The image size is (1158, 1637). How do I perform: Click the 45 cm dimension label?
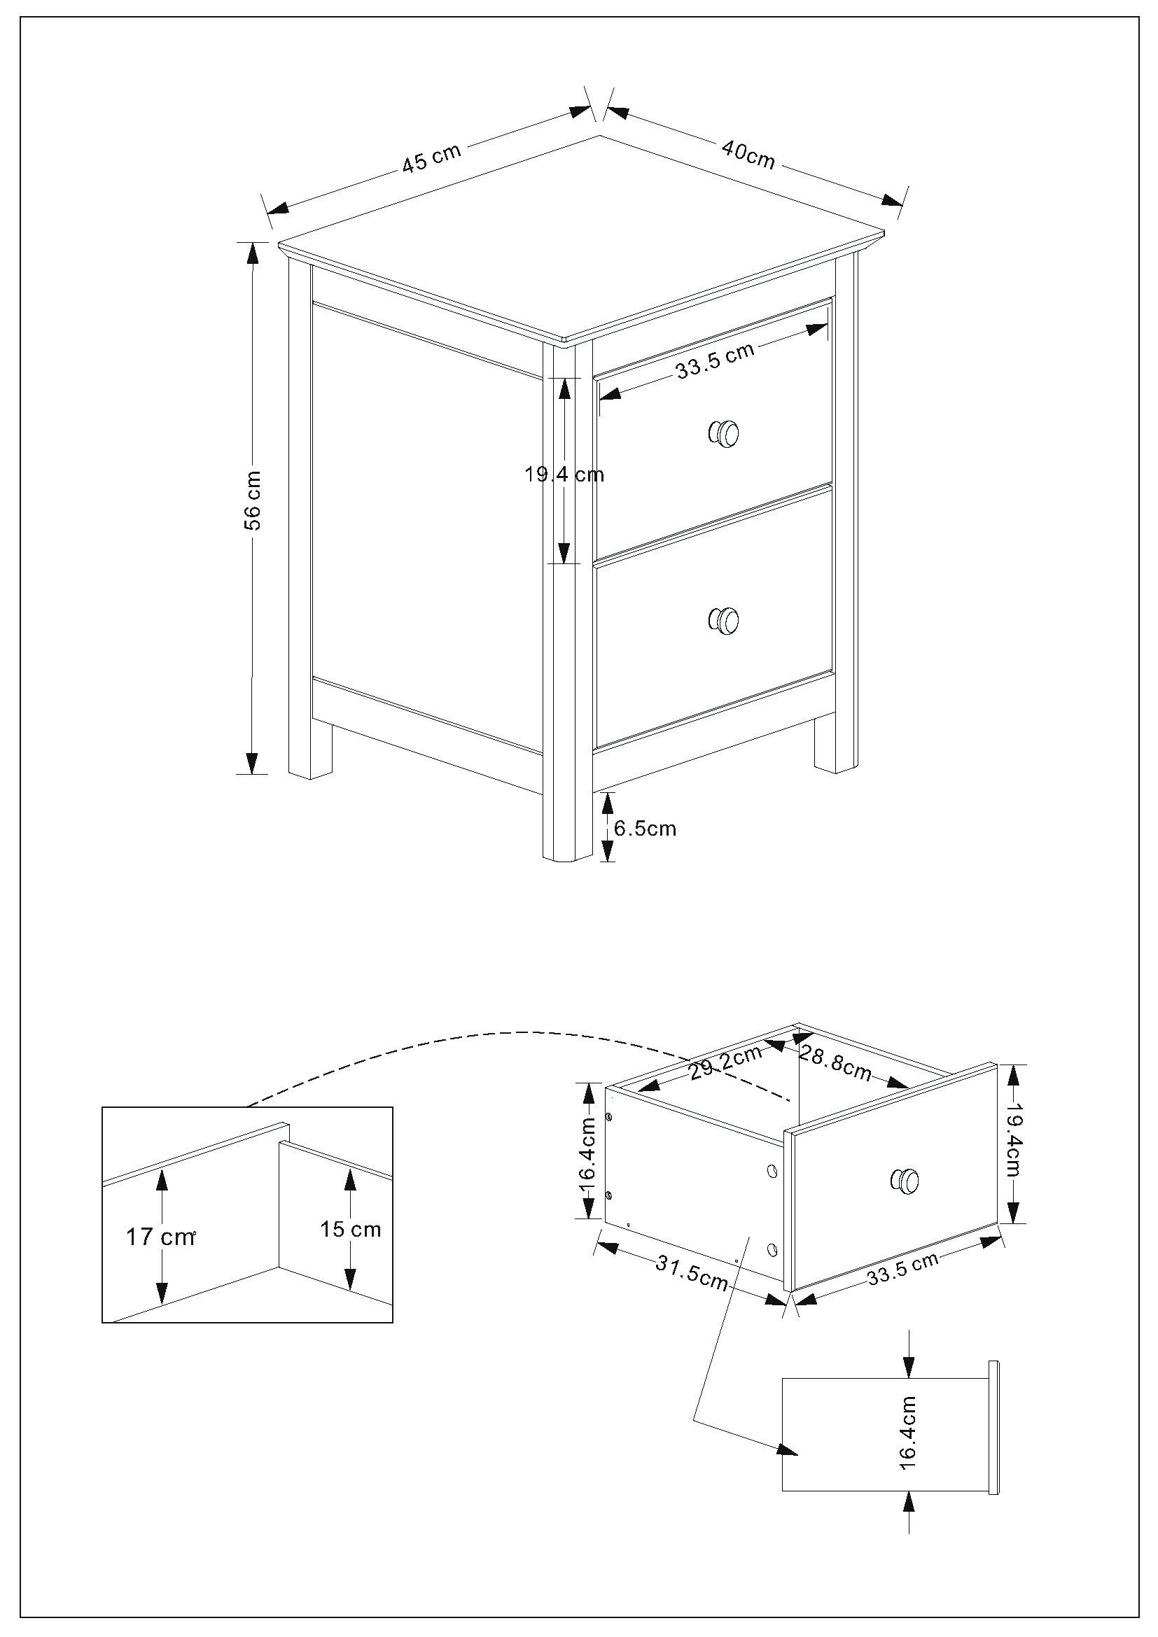(432, 158)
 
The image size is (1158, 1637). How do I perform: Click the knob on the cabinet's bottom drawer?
(724, 620)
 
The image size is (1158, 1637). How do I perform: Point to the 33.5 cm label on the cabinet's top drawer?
(715, 360)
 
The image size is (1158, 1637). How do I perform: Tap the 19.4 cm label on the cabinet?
(564, 474)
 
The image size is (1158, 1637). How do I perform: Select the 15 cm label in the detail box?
(350, 1229)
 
